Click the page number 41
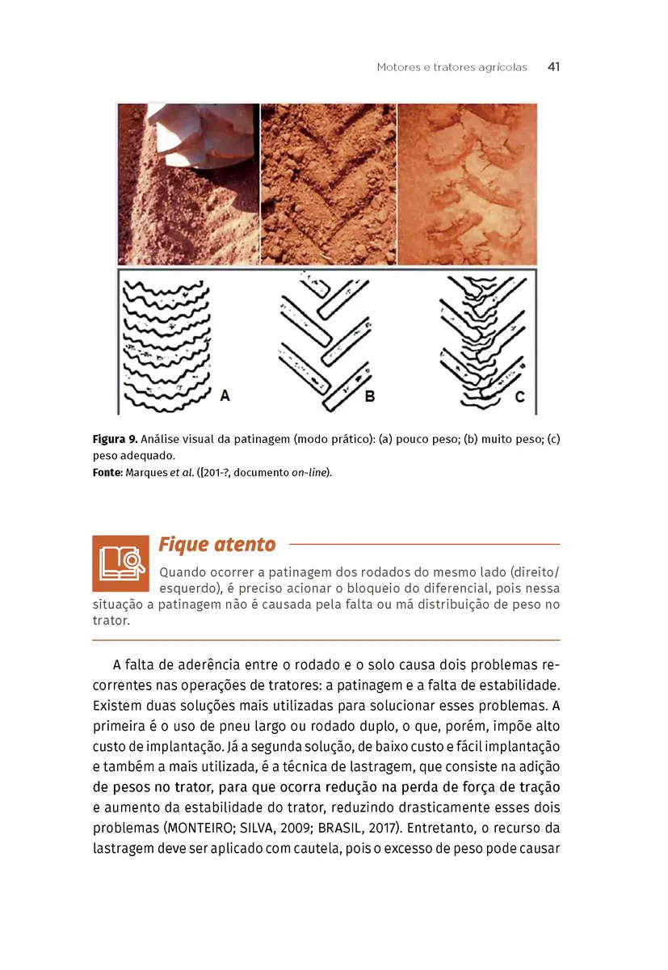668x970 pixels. pos(553,67)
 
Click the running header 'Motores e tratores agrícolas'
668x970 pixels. pos(452,67)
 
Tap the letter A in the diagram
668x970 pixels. pos(225,395)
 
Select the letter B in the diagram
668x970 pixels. pos(370,397)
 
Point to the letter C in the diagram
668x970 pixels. pos(519,397)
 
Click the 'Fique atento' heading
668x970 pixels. pos(216,544)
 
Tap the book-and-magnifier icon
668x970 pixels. pos(120,563)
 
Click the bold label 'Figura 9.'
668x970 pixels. pos(115,440)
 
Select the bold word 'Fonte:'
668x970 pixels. pos(107,472)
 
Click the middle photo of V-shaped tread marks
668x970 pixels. pos(328,184)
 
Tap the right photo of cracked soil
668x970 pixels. pos(467,184)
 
